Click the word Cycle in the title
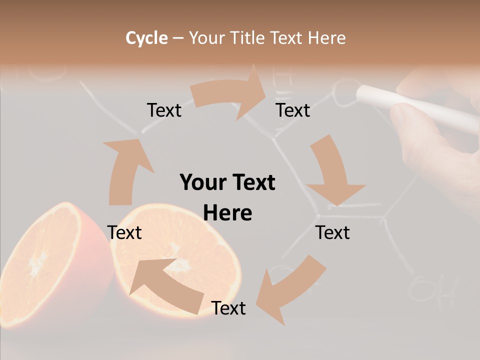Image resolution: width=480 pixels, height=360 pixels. pos(146,38)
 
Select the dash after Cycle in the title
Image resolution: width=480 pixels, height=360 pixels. pos(178,38)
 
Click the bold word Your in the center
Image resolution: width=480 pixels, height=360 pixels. pos(204,182)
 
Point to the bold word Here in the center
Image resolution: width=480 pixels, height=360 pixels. pos(227,213)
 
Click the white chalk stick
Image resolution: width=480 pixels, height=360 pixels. pos(415,106)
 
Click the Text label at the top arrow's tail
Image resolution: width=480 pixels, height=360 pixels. pos(164,110)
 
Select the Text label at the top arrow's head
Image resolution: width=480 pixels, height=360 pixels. pos(293,110)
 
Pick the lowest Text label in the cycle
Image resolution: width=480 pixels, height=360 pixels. pos(228,308)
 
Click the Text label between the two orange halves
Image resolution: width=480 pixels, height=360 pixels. pos(124,232)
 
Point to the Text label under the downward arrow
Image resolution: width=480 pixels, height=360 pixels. pos(332,232)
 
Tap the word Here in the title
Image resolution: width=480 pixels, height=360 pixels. pos(326,38)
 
